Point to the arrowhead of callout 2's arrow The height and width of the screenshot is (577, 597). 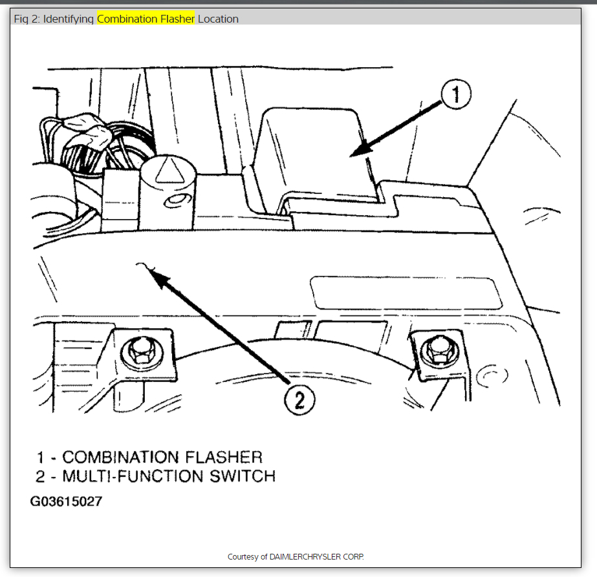150,271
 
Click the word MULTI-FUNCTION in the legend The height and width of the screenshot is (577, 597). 138,477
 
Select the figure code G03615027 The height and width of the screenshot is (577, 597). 66,501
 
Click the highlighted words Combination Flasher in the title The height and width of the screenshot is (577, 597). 146,19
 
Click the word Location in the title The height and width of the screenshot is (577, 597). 218,19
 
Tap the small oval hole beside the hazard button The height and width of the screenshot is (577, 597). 173,204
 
